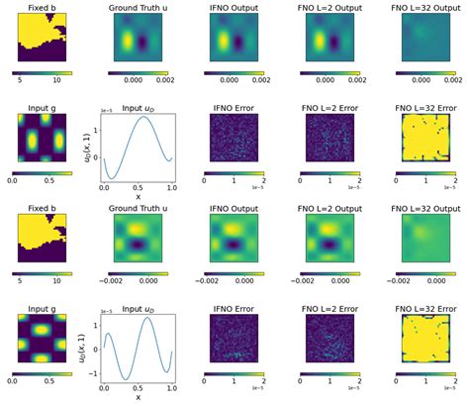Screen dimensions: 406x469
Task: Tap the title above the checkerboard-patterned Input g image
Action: tap(40, 297)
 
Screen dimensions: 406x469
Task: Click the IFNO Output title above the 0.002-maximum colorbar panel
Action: tap(233, 8)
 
